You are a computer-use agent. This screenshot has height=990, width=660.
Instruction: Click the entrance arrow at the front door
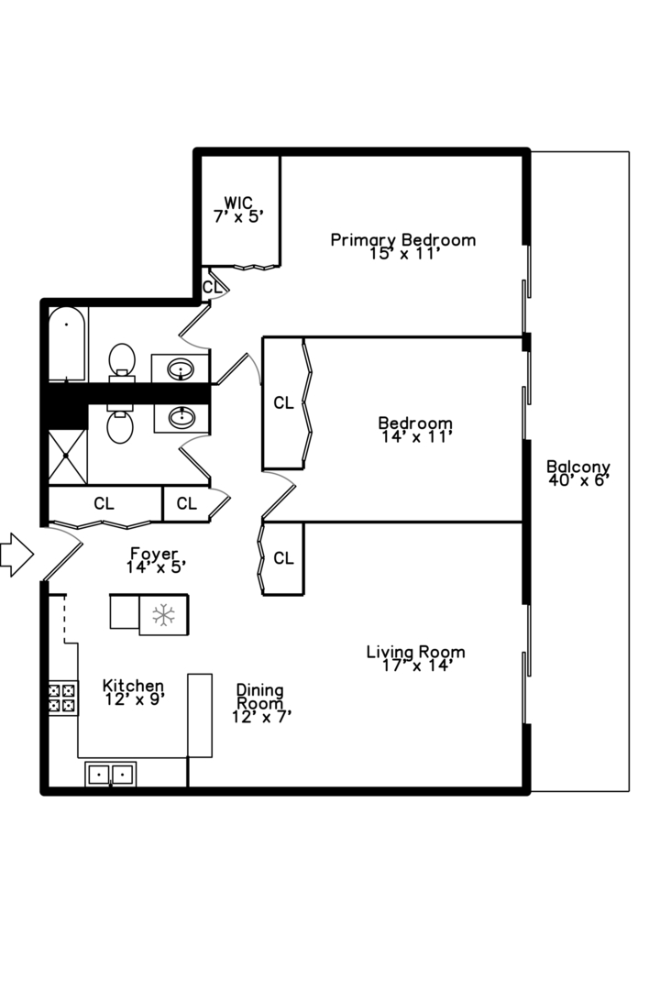[16, 555]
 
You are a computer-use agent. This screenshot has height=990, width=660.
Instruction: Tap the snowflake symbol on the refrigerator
[163, 615]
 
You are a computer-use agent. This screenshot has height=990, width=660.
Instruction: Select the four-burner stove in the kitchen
[63, 698]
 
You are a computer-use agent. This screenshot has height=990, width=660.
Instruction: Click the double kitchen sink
[111, 774]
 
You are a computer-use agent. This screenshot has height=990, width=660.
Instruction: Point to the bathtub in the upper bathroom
[67, 344]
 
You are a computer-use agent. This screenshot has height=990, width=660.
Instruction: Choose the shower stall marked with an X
[67, 456]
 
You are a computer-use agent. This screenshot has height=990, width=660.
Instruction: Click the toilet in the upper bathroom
[122, 362]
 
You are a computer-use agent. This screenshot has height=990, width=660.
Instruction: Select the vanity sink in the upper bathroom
[181, 368]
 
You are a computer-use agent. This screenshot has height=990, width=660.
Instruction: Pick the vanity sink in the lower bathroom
[181, 418]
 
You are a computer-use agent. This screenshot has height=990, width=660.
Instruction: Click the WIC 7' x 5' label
[238, 210]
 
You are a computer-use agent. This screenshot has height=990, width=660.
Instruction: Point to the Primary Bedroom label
[403, 240]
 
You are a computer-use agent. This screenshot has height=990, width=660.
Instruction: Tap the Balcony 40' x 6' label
[578, 474]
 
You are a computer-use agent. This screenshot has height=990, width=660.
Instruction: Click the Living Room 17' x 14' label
[415, 658]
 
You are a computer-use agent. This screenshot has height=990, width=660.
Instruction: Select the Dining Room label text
[259, 697]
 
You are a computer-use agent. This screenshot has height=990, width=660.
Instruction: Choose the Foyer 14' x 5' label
[155, 561]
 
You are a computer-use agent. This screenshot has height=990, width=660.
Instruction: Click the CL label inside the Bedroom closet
[283, 402]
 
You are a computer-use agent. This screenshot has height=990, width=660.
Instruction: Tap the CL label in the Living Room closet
[283, 558]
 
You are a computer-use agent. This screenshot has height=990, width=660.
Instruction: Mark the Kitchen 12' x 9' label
[133, 692]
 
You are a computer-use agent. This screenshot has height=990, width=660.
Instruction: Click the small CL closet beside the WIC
[212, 287]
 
